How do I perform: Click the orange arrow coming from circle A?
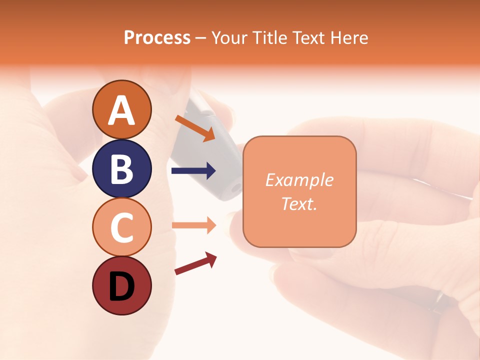tap(195, 128)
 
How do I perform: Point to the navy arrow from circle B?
tap(193, 171)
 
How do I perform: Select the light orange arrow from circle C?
tap(193, 225)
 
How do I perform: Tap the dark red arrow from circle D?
tap(195, 263)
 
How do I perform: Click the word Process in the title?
tap(157, 38)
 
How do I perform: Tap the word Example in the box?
tap(299, 180)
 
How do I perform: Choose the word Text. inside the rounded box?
tap(299, 203)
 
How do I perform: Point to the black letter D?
tap(121, 286)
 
